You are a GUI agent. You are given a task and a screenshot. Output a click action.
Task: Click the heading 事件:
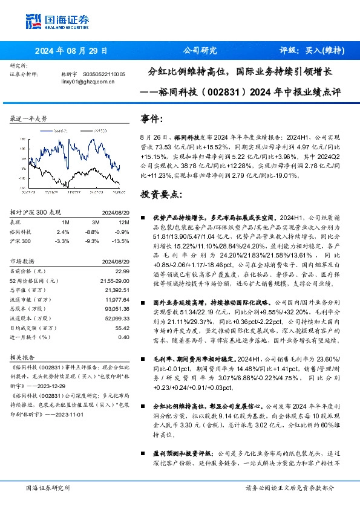(x=152, y=119)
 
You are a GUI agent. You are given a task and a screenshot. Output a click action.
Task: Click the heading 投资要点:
(x=161, y=194)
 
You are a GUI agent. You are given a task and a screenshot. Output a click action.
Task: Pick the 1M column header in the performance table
(x=65, y=222)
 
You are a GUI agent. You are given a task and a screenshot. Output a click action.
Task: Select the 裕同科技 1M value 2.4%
(x=63, y=232)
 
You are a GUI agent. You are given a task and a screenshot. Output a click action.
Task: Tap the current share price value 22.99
(x=123, y=271)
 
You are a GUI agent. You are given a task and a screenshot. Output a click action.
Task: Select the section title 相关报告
(x=25, y=357)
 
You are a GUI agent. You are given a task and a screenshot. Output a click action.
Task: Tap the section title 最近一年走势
(x=29, y=119)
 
